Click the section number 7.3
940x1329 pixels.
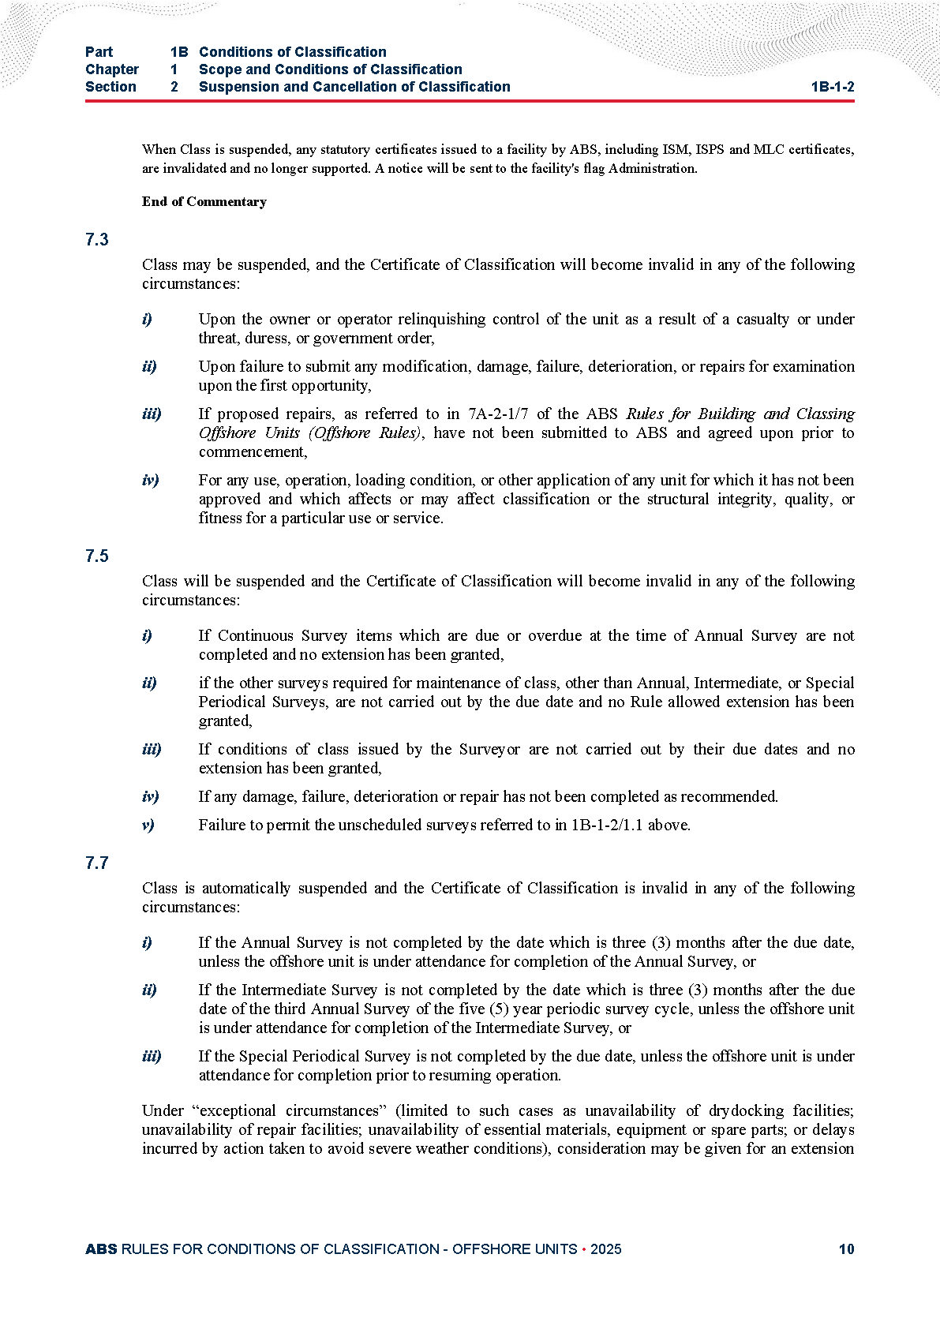[x=96, y=240]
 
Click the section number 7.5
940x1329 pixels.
[x=96, y=556]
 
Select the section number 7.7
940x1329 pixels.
[x=96, y=863]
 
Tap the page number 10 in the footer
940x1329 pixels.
[x=846, y=1249]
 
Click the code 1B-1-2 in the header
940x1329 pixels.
[x=832, y=87]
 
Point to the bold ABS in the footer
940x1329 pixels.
[x=101, y=1249]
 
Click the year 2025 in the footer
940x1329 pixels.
[x=605, y=1249]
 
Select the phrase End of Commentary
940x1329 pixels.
[x=204, y=202]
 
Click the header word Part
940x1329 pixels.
[x=99, y=52]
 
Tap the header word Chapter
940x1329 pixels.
[x=111, y=69]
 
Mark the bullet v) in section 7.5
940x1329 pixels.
[x=148, y=825]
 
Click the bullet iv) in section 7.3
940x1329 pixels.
[x=150, y=480]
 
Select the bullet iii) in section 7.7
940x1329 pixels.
[x=152, y=1056]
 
